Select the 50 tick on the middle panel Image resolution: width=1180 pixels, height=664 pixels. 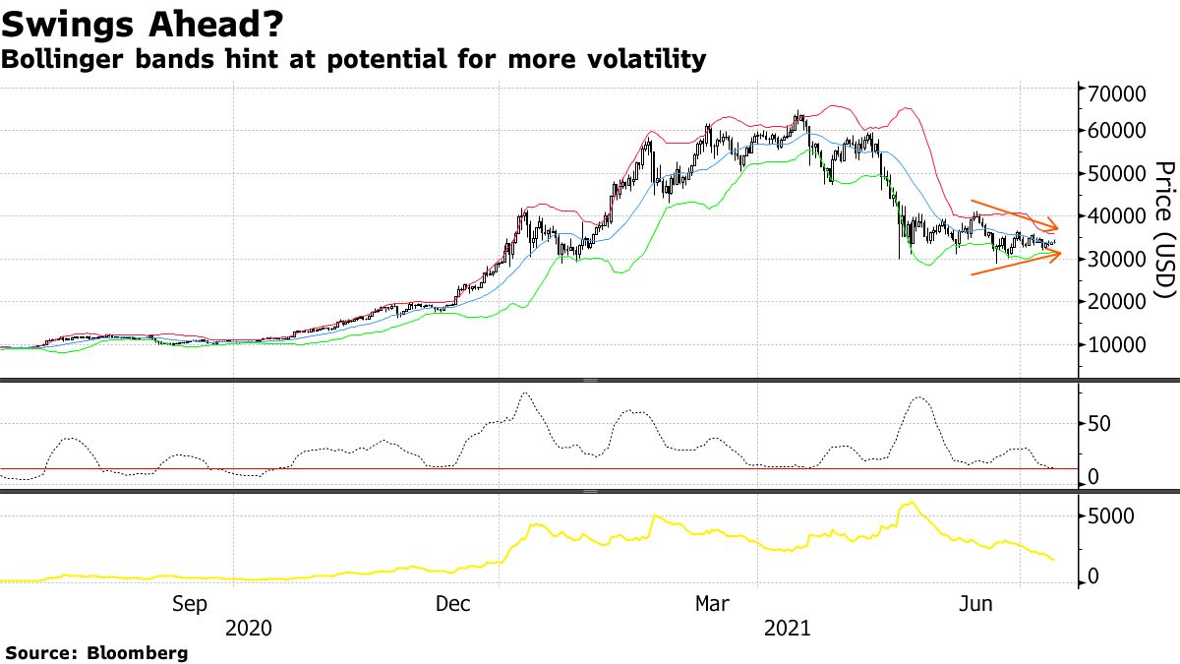click(x=1098, y=424)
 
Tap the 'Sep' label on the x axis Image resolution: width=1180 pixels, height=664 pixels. click(x=190, y=603)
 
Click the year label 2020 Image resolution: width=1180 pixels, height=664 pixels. click(x=250, y=628)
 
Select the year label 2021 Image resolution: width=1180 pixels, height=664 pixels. click(x=787, y=628)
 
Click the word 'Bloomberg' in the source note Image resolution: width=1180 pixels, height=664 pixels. click(x=138, y=652)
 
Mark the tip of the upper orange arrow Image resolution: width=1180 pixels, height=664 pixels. click(x=1059, y=225)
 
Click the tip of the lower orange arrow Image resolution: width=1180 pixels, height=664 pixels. click(x=1062, y=254)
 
